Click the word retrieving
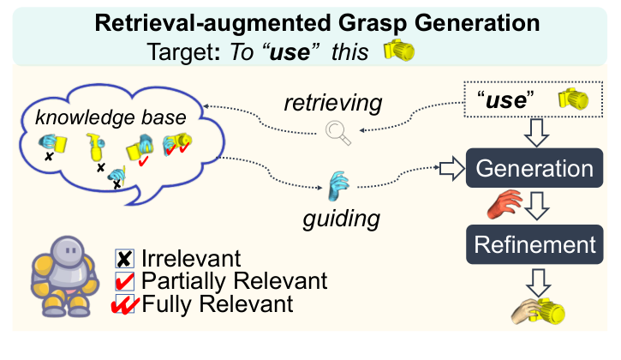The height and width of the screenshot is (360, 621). click(333, 104)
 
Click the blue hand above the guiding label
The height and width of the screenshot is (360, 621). click(340, 183)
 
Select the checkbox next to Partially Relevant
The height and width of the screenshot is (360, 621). click(125, 280)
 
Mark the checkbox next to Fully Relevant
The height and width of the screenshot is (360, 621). click(125, 303)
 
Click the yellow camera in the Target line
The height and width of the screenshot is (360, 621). click(398, 51)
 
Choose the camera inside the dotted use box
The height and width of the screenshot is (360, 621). click(574, 99)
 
